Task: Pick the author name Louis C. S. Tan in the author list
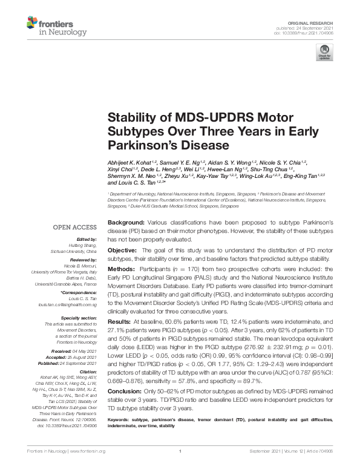pyautogui.click(x=128, y=183)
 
